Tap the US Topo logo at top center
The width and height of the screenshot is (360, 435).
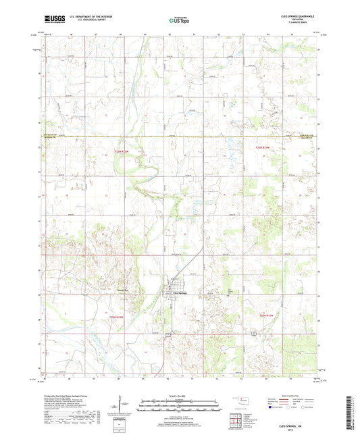coord(179,21)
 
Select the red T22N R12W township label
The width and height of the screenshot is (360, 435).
coord(116,315)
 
